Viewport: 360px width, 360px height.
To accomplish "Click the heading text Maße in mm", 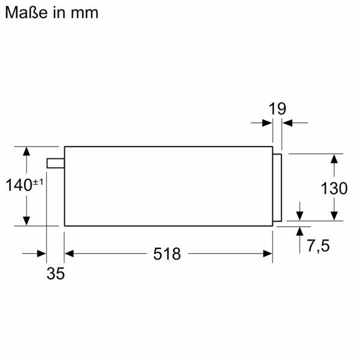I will (52, 13).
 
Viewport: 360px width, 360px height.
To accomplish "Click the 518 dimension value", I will (167, 254).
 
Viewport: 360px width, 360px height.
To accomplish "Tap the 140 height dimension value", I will (19, 185).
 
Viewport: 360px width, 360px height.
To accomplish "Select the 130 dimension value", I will (334, 188).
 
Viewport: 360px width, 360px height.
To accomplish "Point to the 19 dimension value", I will (277, 109).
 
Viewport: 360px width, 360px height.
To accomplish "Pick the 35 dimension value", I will (55, 274).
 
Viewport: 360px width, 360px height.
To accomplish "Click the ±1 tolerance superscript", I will (37, 181).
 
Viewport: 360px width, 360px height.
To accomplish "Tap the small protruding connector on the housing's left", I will (55, 163).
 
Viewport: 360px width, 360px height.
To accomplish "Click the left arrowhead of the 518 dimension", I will (68, 254).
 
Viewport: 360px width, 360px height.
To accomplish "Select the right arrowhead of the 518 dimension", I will (269, 254).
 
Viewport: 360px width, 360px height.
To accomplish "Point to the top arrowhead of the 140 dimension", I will (26, 150).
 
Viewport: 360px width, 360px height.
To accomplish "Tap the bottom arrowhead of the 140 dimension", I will (26, 221).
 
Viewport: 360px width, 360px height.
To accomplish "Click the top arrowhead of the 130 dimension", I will (334, 158).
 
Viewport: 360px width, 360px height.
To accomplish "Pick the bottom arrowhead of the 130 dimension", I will (334, 217).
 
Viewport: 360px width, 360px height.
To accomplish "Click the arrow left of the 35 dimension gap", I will (42, 254).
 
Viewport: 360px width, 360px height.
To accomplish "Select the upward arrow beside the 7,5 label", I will (299, 231).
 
